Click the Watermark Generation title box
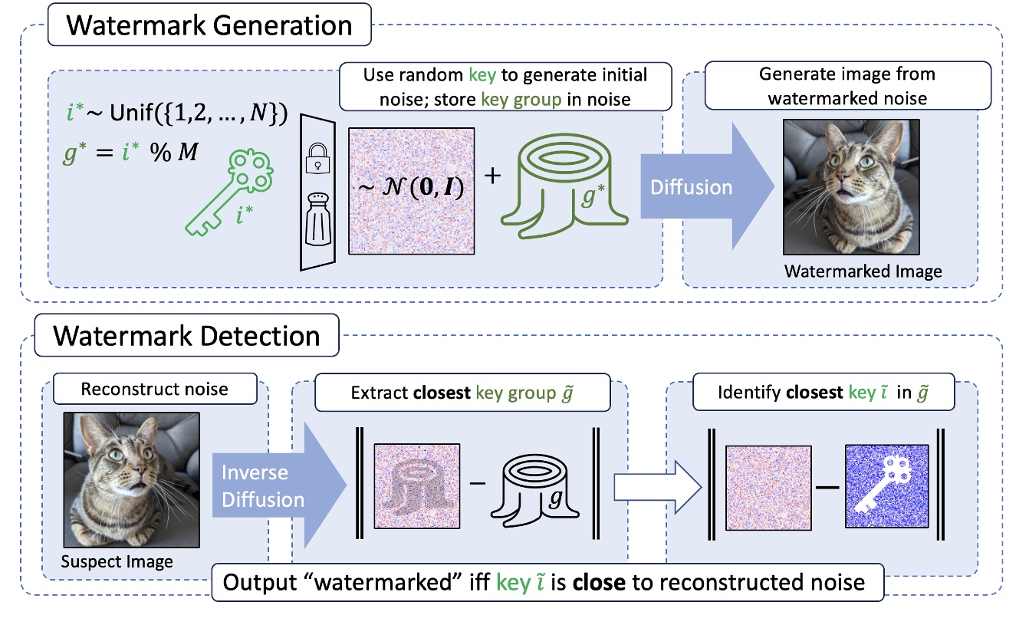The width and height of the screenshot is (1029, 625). coord(209,25)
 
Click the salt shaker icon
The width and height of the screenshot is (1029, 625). coord(318,222)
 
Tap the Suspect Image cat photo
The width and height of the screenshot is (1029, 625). coord(132,478)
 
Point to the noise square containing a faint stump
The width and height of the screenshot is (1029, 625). coord(416,487)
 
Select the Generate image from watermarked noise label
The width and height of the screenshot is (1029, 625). coord(847,86)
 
